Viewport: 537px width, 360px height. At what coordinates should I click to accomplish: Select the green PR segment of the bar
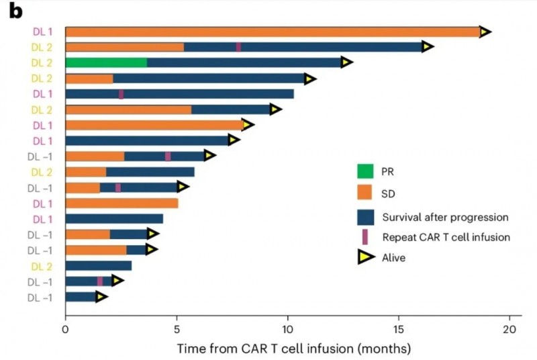106,62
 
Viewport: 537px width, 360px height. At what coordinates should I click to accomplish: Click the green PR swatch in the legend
365,171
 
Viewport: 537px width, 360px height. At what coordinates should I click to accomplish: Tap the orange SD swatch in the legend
365,193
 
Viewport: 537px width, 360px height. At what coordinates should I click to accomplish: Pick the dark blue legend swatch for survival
365,216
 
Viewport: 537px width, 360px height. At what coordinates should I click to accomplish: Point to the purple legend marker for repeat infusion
364,236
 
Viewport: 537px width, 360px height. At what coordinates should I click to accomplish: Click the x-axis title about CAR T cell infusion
293,349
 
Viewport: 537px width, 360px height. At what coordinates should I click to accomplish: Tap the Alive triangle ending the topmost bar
485,32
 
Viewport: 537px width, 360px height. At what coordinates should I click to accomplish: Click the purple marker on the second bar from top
238,47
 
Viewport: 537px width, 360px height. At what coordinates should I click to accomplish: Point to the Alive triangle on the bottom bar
101,297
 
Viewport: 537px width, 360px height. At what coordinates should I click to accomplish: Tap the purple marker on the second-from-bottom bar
100,281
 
